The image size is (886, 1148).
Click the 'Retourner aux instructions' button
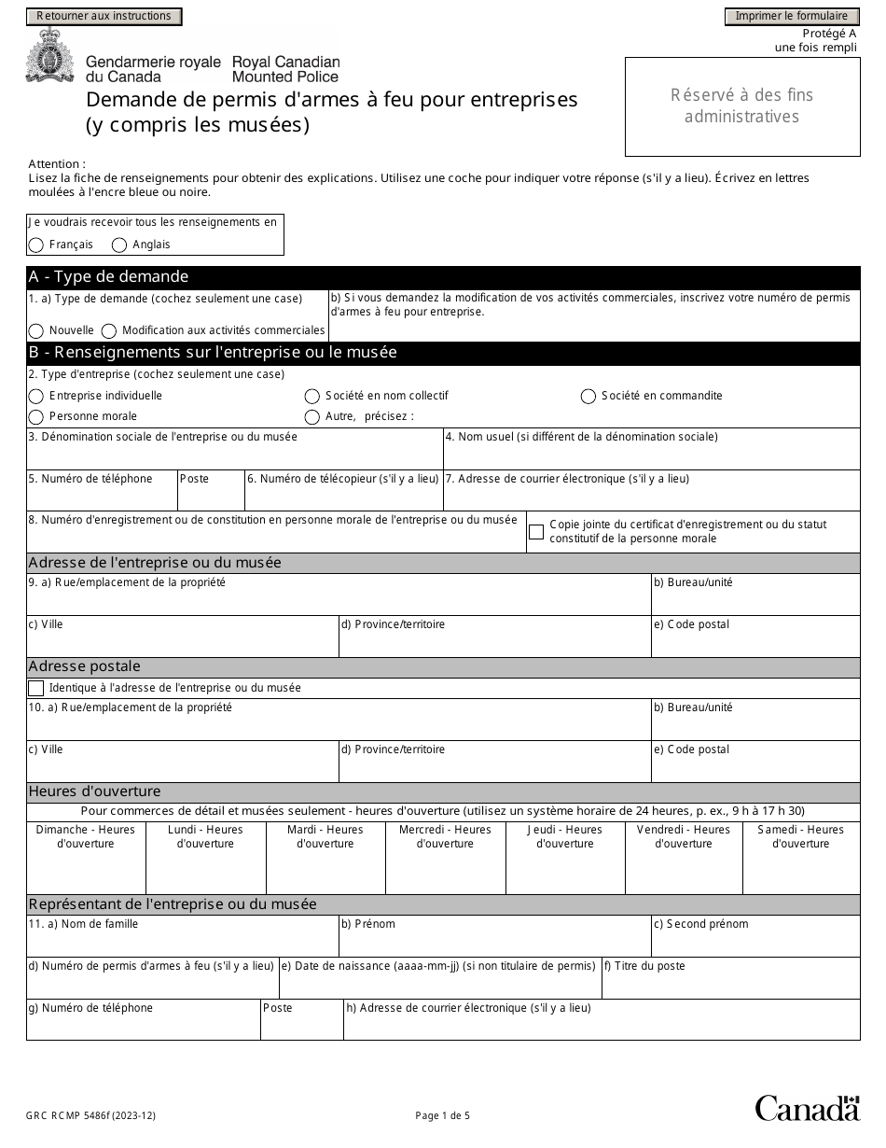pyautogui.click(x=104, y=16)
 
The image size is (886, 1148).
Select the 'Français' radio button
pyautogui.click(x=36, y=245)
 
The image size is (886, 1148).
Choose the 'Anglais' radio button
pyautogui.click(x=119, y=245)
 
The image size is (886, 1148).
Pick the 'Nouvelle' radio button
pyautogui.click(x=36, y=331)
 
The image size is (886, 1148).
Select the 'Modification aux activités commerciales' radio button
pyautogui.click(x=109, y=331)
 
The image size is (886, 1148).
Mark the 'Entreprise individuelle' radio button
pyautogui.click(x=36, y=397)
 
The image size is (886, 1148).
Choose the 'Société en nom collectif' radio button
pyautogui.click(x=312, y=397)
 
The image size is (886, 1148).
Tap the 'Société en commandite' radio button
pyautogui.click(x=588, y=397)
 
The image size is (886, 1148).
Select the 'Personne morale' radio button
pyautogui.click(x=36, y=417)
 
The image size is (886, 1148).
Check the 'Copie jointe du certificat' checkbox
pyautogui.click(x=536, y=532)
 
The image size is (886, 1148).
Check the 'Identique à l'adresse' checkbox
pyautogui.click(x=36, y=689)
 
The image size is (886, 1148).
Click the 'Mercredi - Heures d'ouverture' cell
pyautogui.click(x=445, y=857)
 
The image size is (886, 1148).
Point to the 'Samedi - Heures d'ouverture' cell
pyautogui.click(x=800, y=857)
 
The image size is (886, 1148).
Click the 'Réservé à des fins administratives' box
pyautogui.click(x=742, y=106)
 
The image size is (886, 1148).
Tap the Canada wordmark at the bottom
pyautogui.click(x=807, y=1108)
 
